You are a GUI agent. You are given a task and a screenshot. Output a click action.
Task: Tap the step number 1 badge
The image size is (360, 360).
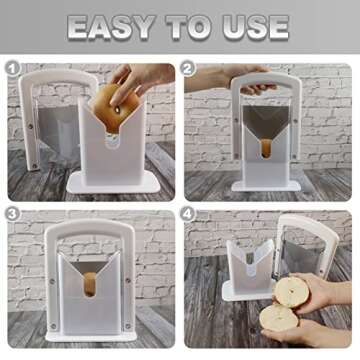point(13,69)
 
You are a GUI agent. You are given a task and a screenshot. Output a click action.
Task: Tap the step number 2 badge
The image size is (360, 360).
point(189,69)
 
